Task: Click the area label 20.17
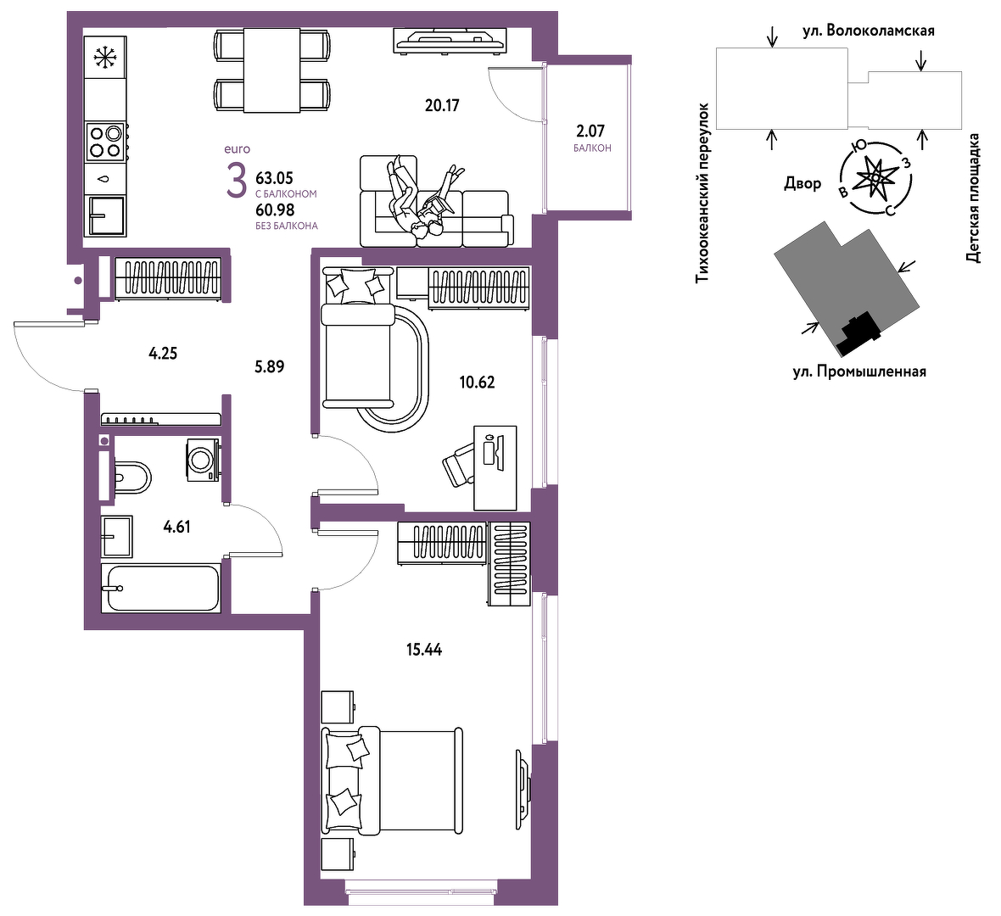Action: [442, 105]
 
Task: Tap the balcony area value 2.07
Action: [590, 131]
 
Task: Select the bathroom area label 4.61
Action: [176, 528]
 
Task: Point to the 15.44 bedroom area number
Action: [424, 650]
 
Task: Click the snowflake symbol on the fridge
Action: [106, 58]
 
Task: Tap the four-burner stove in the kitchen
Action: [106, 142]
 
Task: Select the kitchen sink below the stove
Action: [106, 215]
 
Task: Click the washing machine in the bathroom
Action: [204, 460]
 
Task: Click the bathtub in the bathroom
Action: [161, 588]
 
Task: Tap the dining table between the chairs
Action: [272, 70]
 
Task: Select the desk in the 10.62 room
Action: [495, 468]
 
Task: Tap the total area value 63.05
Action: [274, 177]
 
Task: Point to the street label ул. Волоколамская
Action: [869, 31]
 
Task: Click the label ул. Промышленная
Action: [859, 371]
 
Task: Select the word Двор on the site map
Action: [803, 184]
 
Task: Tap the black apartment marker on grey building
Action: [860, 332]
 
